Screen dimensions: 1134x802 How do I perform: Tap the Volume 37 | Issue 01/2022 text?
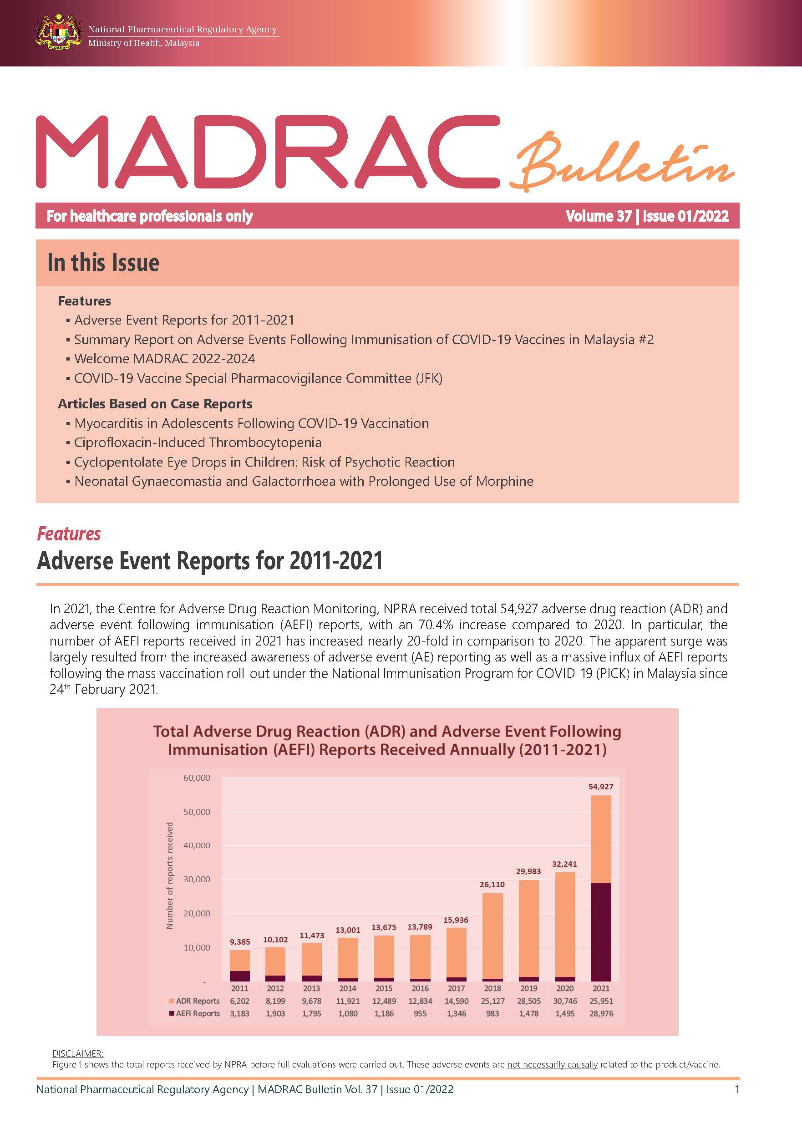647,216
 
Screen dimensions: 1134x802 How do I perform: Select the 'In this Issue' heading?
103,263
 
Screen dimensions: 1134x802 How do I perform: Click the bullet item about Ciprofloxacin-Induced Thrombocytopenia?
198,442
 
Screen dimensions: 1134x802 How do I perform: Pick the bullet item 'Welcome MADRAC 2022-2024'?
164,359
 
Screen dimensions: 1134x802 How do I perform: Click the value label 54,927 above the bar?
600,786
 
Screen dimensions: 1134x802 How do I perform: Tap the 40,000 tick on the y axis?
197,845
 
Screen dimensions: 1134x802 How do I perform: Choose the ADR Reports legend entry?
194,1001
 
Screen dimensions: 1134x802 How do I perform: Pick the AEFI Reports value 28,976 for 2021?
601,1013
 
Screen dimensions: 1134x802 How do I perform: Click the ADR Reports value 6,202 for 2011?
239,1001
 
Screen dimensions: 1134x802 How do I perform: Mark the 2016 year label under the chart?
420,988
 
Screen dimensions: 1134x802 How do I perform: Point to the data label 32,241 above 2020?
564,864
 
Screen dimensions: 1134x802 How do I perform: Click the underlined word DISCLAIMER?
77,1053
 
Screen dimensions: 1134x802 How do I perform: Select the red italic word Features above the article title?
69,534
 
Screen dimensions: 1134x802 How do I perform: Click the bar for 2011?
239,966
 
